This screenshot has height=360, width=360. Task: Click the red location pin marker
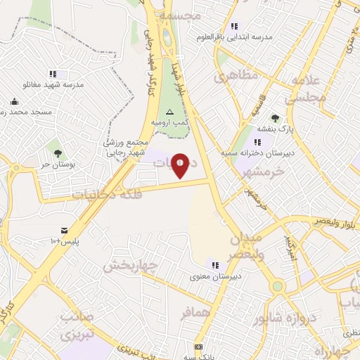pos(181,165)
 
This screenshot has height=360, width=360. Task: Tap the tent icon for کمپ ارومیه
pos(169,112)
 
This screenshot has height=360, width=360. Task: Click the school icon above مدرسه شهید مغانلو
pos(53,74)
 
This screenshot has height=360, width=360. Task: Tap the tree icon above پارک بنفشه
pos(274,118)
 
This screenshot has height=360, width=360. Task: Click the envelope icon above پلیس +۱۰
pos(64,231)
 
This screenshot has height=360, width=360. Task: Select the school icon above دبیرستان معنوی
pos(215,265)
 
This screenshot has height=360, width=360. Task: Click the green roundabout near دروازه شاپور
pos(278,286)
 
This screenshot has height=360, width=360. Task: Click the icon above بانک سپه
pos(199,347)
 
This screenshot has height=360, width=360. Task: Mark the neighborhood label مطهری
pos(240,76)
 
